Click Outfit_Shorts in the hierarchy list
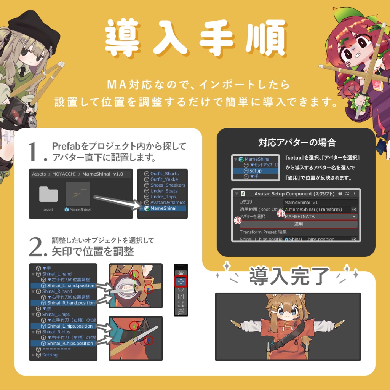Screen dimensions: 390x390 coord(164,174)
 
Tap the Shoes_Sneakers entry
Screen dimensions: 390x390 coord(168,185)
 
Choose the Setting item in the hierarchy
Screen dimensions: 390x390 coord(50,355)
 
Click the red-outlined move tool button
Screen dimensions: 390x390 coord(181,281)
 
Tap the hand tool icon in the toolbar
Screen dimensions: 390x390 coord(181,273)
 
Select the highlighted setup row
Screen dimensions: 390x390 coord(256,171)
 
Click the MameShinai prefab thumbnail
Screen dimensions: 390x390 coord(78,194)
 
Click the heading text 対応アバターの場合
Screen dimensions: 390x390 coord(297,143)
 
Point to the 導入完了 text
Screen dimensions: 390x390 coord(289,276)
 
